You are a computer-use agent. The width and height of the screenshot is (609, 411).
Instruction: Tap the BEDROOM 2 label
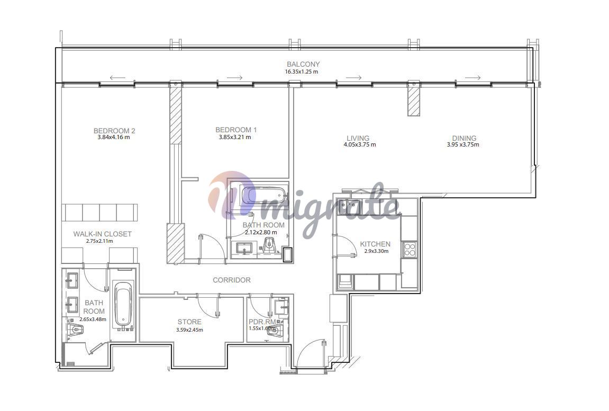(114, 131)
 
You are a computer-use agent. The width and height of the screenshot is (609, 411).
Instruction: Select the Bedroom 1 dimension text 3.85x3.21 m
(235, 137)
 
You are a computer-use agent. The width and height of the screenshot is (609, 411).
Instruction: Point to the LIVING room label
(358, 138)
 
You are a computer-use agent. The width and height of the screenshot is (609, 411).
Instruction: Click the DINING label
(463, 138)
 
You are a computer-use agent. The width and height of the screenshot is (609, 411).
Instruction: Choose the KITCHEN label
(375, 244)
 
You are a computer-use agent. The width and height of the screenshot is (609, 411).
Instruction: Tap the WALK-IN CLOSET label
(102, 234)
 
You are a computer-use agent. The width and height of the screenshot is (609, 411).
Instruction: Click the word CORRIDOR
(231, 280)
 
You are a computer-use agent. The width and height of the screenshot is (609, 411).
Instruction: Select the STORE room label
(189, 322)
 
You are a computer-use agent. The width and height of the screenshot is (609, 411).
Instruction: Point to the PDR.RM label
(262, 322)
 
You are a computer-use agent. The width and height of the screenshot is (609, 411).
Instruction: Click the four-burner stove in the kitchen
(409, 249)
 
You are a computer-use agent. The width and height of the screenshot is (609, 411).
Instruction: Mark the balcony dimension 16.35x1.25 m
(302, 71)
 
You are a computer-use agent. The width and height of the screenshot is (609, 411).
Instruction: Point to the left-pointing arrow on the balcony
(117, 78)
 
